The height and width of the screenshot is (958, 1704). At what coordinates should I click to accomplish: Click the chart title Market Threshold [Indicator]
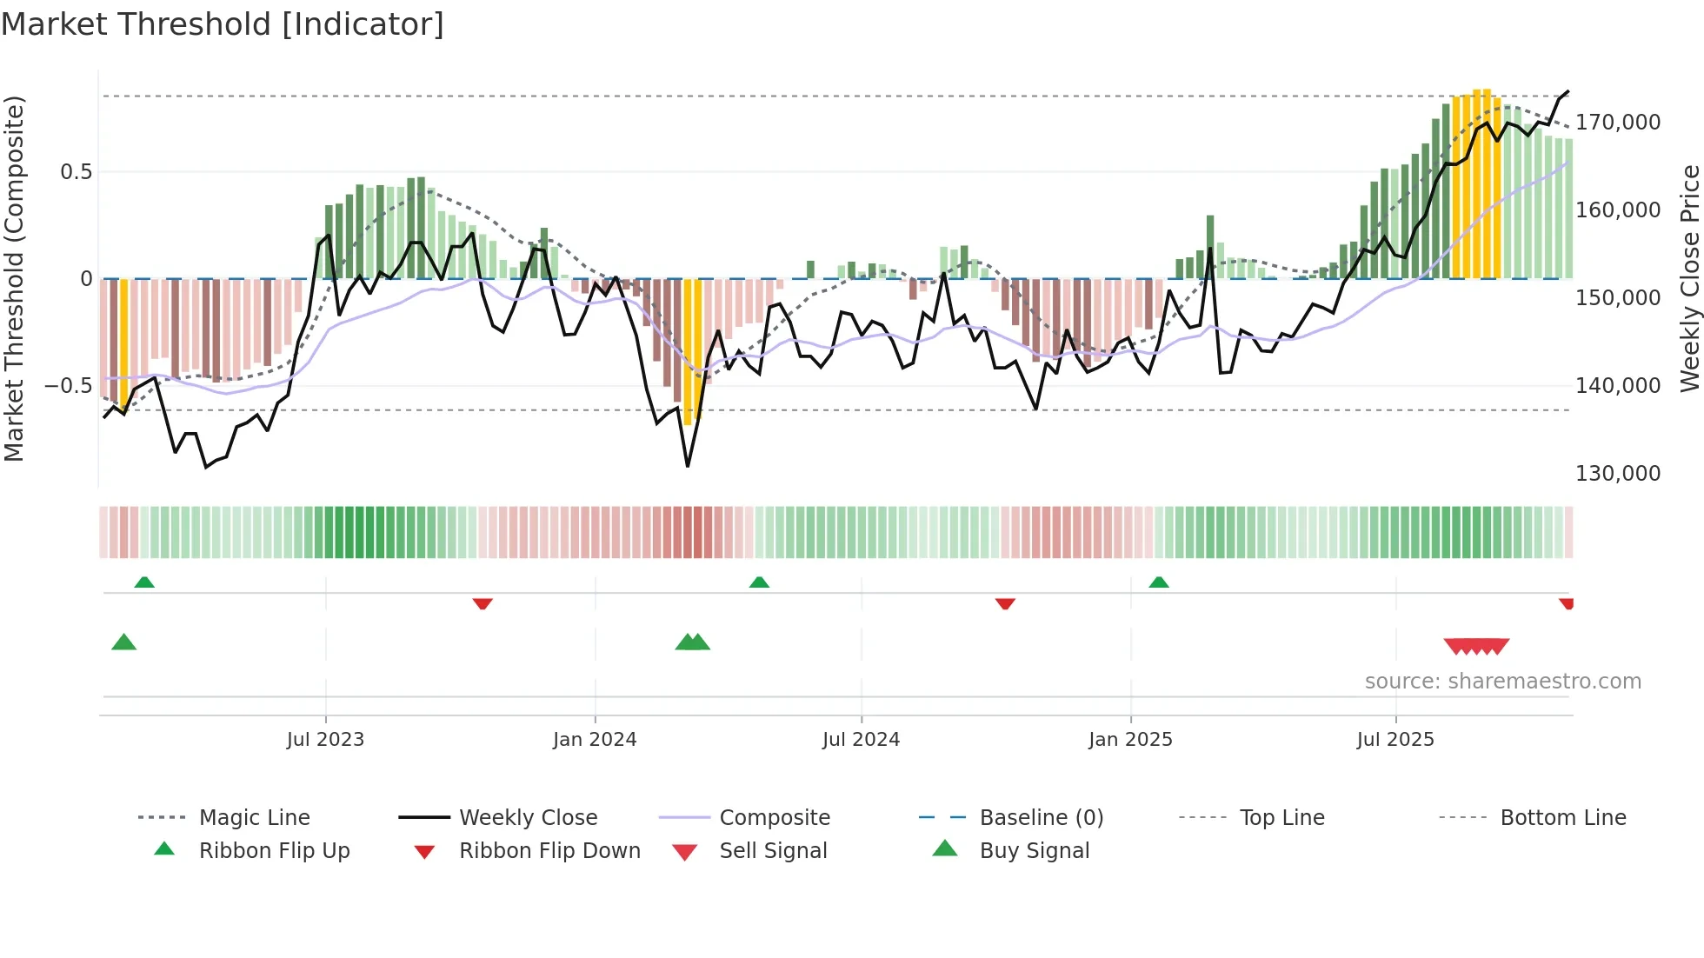pos(223,24)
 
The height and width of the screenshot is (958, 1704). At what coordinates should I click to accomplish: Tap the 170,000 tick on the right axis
pos(1617,123)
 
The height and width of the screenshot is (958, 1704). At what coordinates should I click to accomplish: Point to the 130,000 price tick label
pos(1617,474)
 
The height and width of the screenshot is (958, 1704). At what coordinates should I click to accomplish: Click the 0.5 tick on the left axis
pos(76,172)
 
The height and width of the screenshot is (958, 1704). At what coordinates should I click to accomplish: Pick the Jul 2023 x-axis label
pos(325,740)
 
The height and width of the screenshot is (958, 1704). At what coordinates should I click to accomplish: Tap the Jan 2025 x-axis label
pos(1129,740)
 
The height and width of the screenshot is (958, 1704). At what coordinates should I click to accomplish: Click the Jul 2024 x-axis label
pos(861,740)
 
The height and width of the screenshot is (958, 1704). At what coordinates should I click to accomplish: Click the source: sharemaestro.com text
pos(1502,682)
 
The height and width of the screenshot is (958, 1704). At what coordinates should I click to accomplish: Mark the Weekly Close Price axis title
pos(1689,278)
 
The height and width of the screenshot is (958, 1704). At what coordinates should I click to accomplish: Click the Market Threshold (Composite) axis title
pos(15,278)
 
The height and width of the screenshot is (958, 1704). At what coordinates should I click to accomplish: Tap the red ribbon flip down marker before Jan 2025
pos(1005,603)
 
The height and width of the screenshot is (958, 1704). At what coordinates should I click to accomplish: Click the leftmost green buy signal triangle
pos(124,642)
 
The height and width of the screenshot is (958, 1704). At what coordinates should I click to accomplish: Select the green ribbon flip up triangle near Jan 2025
pos(1158,582)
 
